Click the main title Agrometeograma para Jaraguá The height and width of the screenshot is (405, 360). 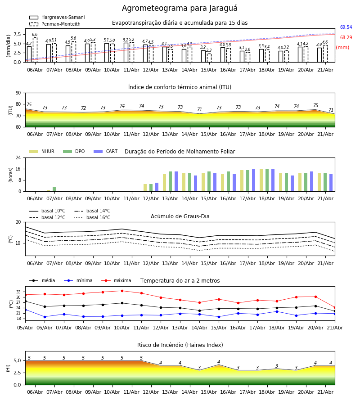(180, 8)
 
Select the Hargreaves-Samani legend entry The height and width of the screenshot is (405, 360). (57, 17)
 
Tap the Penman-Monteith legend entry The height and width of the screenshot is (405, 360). (55, 24)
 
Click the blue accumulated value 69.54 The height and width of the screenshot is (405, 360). (346, 27)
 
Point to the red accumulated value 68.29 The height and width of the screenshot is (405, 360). (346, 37)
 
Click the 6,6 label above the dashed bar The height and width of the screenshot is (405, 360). (35, 35)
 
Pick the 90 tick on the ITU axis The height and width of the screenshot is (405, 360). (18, 93)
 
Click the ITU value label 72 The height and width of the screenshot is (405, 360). (83, 108)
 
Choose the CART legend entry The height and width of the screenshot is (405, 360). (106, 151)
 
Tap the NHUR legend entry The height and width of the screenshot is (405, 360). (42, 151)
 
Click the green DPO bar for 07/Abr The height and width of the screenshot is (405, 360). (54, 189)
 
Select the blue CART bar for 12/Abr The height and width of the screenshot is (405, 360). (157, 187)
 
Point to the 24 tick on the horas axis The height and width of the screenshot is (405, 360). (18, 157)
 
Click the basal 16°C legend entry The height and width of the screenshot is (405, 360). (92, 217)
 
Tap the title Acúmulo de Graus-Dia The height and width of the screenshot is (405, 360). (180, 216)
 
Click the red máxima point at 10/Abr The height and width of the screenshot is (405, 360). (122, 291)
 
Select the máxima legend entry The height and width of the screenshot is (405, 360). (117, 280)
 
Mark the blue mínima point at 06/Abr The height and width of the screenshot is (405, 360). (45, 317)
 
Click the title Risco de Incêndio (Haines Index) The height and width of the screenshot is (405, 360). (180, 345)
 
